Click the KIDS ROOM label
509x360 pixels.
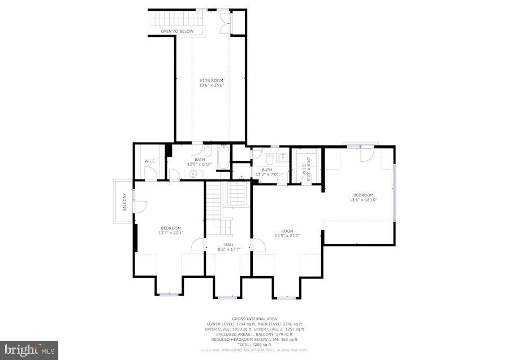(x=212, y=80)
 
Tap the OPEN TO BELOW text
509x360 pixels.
(x=176, y=31)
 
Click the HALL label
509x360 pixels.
(x=229, y=245)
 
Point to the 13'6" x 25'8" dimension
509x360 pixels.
(x=212, y=85)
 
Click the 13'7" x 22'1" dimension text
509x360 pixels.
(x=170, y=233)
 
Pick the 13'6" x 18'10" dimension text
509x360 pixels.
(x=363, y=200)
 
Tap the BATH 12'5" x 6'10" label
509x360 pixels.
(x=200, y=162)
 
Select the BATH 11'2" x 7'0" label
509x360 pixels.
(x=267, y=172)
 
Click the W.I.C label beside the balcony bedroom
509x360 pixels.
(x=150, y=161)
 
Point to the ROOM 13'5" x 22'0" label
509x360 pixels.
(x=287, y=233)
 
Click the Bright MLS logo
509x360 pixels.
(x=29, y=349)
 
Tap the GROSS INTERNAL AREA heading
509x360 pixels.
(x=255, y=319)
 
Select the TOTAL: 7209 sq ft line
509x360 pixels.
(x=255, y=344)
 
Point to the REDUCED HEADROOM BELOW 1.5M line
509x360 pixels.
(x=255, y=339)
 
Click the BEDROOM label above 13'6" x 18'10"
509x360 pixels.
(x=363, y=195)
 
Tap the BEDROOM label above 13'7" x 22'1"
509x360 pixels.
(x=170, y=228)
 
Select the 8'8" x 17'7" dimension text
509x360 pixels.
(x=229, y=249)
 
